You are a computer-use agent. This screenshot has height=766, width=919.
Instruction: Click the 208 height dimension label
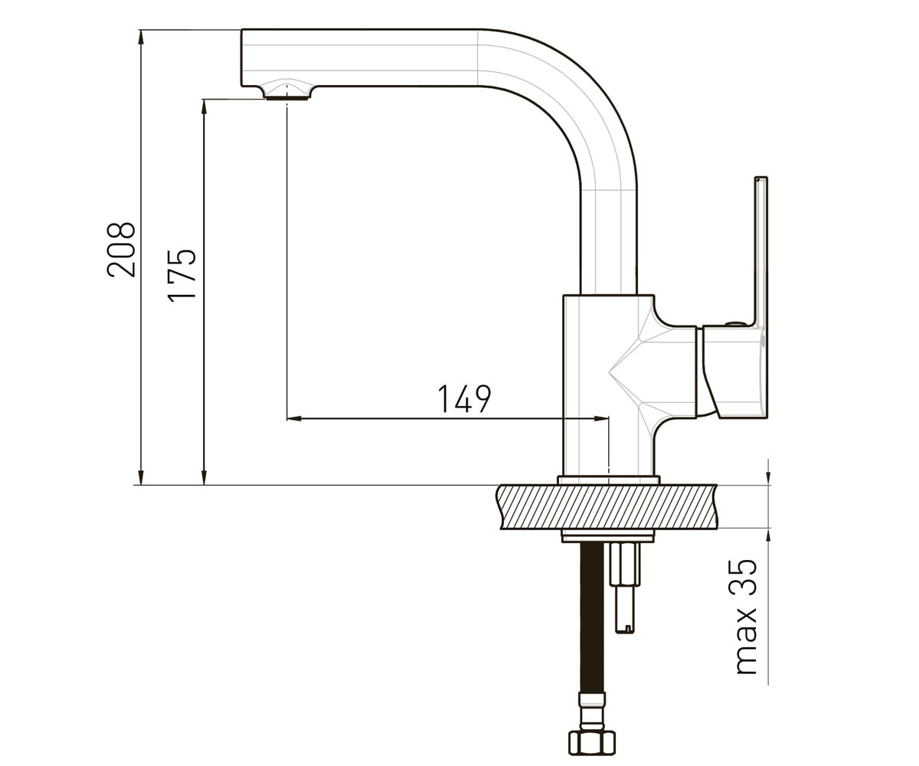(121, 250)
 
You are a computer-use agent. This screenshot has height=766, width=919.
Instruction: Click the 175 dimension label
(182, 276)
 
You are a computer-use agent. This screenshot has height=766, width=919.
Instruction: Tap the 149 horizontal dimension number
(464, 399)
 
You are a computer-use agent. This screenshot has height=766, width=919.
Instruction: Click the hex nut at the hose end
(592, 741)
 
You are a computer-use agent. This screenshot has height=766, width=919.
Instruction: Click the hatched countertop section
(607, 506)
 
